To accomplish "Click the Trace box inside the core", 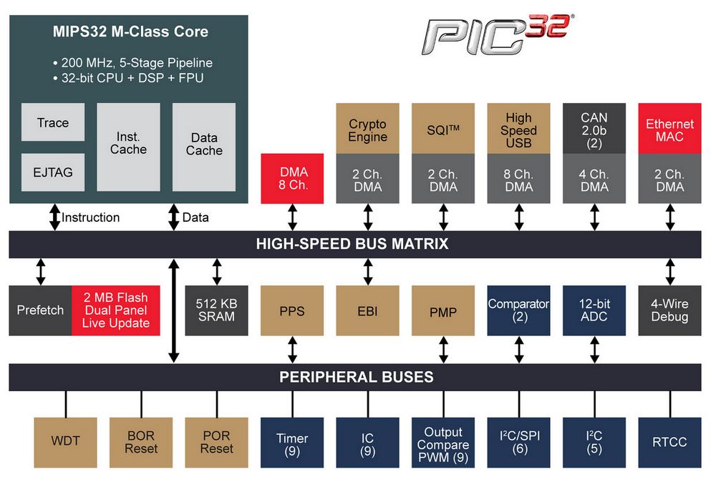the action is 53,122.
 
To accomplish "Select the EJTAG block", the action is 53,172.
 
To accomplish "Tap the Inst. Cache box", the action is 128,147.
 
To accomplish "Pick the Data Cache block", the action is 204,147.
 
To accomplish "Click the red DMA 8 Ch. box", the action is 292,178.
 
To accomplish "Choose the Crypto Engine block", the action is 367,128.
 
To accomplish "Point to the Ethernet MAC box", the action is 670,128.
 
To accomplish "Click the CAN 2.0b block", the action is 594,128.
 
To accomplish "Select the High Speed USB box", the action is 518,128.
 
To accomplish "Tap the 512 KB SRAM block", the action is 216,310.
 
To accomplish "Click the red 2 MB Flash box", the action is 116,310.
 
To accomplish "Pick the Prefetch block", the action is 40,310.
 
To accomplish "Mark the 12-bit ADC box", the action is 594,310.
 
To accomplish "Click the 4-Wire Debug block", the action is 670,310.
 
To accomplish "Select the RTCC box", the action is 670,443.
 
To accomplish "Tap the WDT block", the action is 65,443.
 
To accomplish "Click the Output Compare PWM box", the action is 443,443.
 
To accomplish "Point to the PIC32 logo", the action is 498,34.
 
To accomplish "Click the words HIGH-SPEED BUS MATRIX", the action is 352,244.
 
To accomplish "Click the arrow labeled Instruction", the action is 55,217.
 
